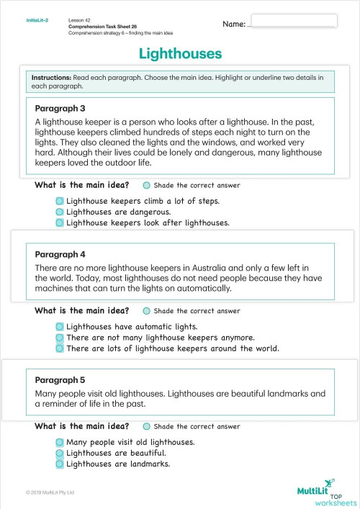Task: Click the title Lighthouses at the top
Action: tap(180, 54)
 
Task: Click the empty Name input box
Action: tap(294, 21)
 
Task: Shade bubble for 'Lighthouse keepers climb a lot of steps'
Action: tap(60, 202)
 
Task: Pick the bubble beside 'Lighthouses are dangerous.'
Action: tap(60, 212)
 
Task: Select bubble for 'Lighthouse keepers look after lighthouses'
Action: tap(60, 223)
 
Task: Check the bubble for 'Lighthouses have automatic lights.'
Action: tap(60, 327)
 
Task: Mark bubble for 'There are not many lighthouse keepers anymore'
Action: tap(60, 338)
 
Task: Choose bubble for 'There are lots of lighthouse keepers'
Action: tap(60, 348)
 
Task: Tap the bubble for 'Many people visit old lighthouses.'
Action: tap(60, 442)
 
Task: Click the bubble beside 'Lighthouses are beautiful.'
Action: tap(60, 453)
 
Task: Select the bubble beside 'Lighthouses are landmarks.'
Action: tap(60, 464)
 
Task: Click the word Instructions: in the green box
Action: tap(51, 77)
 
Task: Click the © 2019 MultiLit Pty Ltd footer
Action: tap(50, 492)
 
